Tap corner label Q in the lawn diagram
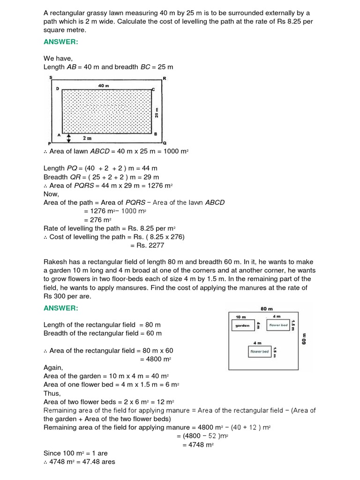click(164, 142)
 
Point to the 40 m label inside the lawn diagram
click(104, 86)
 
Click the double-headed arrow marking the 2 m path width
click(69, 138)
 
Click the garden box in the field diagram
click(243, 325)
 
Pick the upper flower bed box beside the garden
click(278, 325)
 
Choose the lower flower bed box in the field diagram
click(259, 351)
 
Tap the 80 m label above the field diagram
click(266, 309)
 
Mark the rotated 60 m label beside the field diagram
click(304, 339)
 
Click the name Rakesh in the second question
click(56, 262)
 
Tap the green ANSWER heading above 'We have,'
click(60, 42)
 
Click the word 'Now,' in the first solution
click(51, 194)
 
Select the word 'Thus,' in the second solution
click(52, 393)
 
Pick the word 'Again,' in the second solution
click(53, 367)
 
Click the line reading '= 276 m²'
click(97, 219)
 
